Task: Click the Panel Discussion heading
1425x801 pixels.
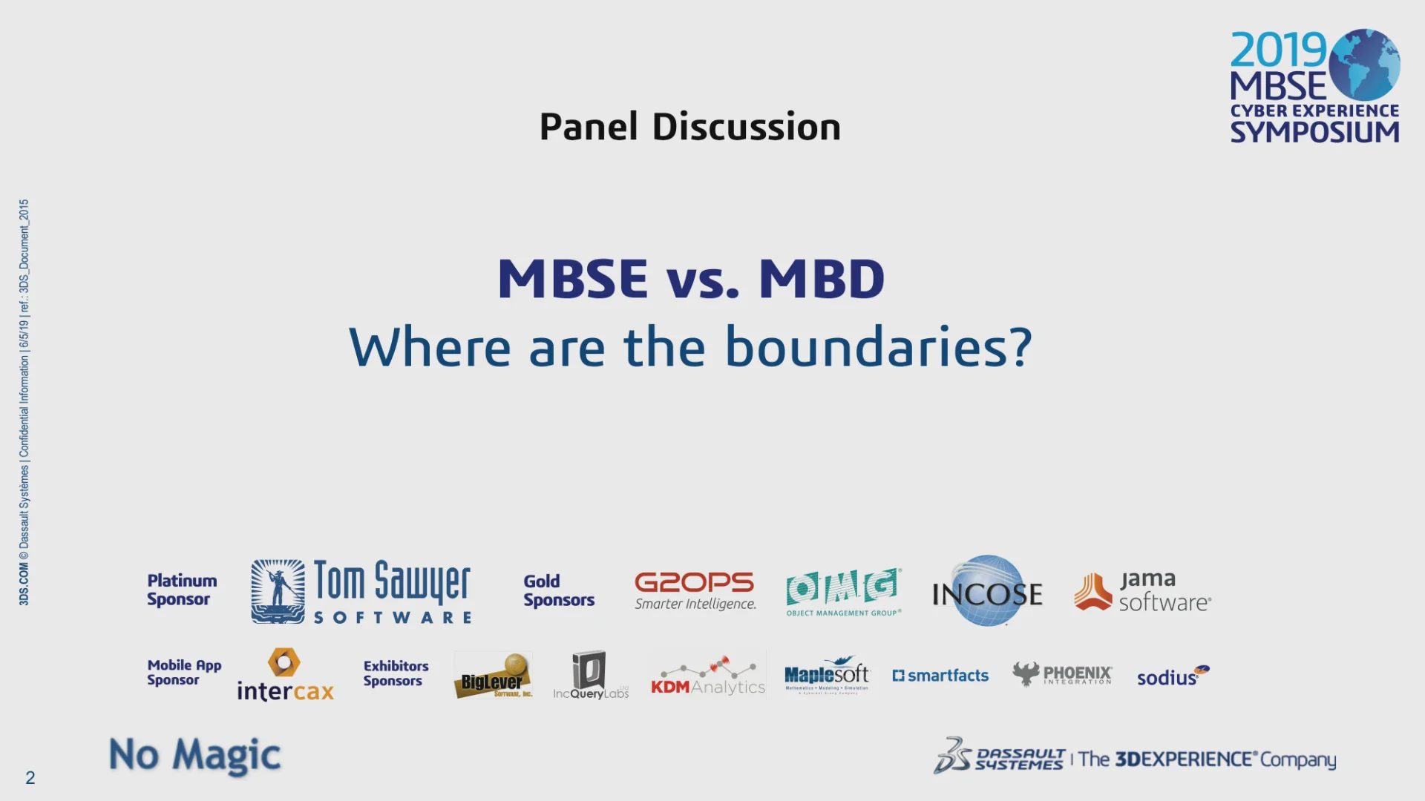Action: click(689, 127)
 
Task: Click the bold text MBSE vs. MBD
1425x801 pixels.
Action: click(690, 279)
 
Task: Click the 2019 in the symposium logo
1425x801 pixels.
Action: click(1278, 50)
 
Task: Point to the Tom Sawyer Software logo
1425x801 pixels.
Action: click(361, 592)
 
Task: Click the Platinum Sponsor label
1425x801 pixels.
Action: click(182, 590)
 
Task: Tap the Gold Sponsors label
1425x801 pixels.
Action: click(558, 590)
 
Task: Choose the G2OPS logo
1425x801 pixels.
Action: click(695, 590)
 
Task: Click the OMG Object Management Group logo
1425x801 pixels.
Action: click(844, 592)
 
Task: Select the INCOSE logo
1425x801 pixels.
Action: click(987, 592)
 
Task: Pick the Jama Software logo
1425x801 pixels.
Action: click(1142, 591)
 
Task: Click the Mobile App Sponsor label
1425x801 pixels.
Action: click(183, 672)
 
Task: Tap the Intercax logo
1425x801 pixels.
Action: click(285, 676)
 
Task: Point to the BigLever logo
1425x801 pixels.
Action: click(493, 676)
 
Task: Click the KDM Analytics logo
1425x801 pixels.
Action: click(707, 676)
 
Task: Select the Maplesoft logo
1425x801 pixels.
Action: click(827, 675)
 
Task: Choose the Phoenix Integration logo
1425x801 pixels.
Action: click(1062, 674)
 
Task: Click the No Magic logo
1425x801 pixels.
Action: click(194, 755)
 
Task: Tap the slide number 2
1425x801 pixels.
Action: click(30, 778)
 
